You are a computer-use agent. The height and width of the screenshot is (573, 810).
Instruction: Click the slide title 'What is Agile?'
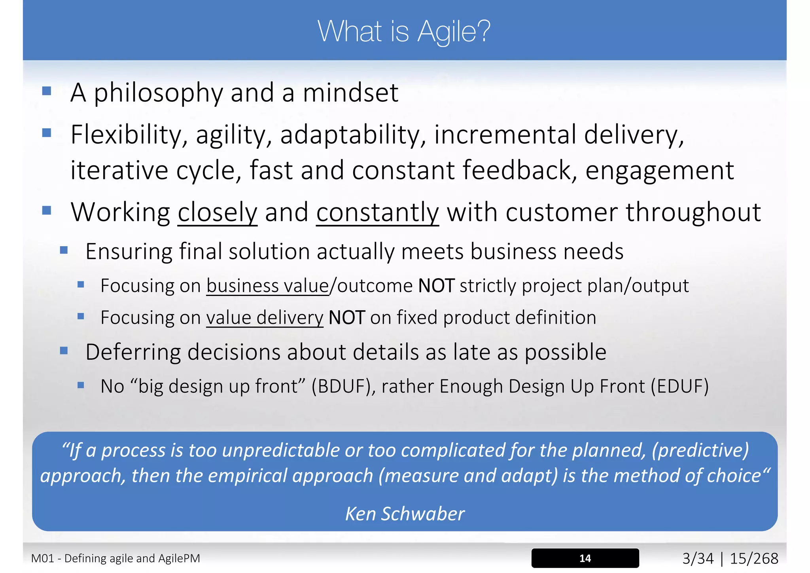click(x=404, y=31)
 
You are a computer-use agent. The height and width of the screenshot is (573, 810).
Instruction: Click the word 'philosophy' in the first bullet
click(x=158, y=93)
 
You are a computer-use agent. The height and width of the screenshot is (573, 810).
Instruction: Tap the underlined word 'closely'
click(x=217, y=213)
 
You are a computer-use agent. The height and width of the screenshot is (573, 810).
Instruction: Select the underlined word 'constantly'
click(x=377, y=213)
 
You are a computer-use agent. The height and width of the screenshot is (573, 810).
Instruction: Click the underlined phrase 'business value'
click(x=267, y=286)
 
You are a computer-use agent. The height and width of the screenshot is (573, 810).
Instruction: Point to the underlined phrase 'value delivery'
click(x=265, y=318)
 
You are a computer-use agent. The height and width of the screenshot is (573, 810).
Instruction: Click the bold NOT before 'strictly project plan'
click(x=436, y=286)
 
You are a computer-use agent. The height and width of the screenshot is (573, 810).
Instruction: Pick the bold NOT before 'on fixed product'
click(x=346, y=318)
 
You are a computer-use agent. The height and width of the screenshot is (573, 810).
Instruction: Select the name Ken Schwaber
click(x=405, y=514)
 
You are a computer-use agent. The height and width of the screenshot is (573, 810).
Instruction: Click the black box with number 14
click(x=585, y=558)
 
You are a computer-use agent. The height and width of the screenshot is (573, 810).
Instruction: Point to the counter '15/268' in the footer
click(x=753, y=558)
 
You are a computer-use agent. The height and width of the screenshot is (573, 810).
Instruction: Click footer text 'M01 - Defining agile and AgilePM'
click(x=115, y=558)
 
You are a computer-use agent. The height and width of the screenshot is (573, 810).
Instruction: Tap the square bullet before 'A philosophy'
click(x=47, y=91)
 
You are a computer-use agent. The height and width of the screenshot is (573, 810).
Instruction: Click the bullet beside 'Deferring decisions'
click(x=64, y=351)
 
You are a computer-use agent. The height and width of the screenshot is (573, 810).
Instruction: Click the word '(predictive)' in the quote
click(x=700, y=450)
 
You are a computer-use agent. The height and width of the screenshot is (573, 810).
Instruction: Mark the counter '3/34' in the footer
click(x=698, y=558)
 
